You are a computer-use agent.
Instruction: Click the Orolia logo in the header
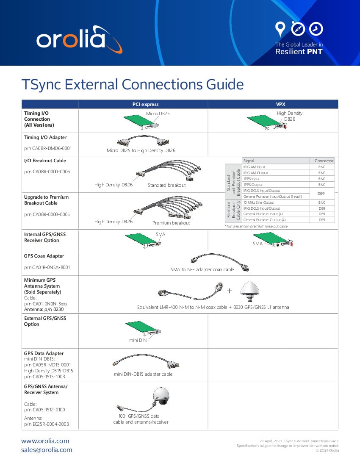pyautogui.click(x=79, y=40)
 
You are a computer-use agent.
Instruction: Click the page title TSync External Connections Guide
pyautogui.click(x=132, y=84)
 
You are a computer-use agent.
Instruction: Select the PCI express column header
pyautogui.click(x=143, y=104)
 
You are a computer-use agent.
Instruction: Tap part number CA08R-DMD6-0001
pyautogui.click(x=47, y=149)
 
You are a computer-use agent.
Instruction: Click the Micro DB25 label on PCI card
pyautogui.click(x=158, y=114)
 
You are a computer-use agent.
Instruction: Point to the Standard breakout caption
pyautogui.click(x=166, y=185)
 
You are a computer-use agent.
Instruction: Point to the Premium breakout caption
pyautogui.click(x=171, y=222)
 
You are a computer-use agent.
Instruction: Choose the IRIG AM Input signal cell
pyautogui.click(x=254, y=167)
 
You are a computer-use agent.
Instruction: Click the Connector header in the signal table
pyautogui.click(x=324, y=161)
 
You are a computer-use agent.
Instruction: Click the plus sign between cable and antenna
pyautogui.click(x=230, y=291)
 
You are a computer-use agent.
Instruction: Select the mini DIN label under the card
pyautogui.click(x=138, y=340)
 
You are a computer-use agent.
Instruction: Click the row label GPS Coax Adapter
pyautogui.click(x=44, y=256)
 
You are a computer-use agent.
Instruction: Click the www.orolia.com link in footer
pyautogui.click(x=45, y=441)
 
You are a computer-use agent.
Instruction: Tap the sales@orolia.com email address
pyautogui.click(x=47, y=450)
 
